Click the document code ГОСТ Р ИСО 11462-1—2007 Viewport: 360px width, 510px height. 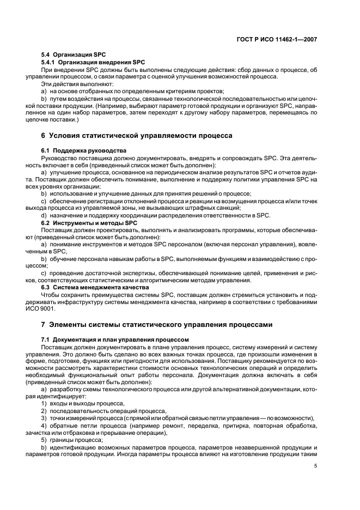(x=279, y=39)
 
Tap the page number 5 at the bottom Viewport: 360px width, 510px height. (x=316, y=466)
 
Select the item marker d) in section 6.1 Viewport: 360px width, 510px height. (x=44, y=216)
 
